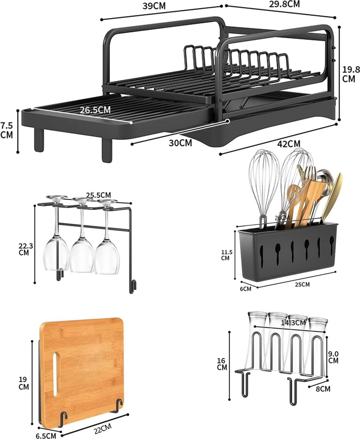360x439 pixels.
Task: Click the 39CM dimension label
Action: [x=154, y=6]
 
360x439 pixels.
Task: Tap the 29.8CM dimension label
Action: [x=284, y=4]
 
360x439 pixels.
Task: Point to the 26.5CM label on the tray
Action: [x=95, y=110]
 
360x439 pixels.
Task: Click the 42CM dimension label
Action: [x=289, y=144]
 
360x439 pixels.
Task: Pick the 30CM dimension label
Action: [x=180, y=143]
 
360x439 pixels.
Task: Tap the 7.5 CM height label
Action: [x=7, y=130]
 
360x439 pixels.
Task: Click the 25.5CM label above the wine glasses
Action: [x=98, y=195]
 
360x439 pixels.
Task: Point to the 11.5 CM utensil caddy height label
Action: [x=227, y=255]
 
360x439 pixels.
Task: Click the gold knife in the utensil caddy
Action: [x=332, y=199]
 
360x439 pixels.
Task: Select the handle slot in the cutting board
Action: [x=55, y=374]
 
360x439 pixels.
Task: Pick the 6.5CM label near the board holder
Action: [x=46, y=435]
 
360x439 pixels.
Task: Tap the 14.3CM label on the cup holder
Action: [x=293, y=323]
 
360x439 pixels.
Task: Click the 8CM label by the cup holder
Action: [x=323, y=389]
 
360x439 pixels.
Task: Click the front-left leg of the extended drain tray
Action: [x=39, y=140]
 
